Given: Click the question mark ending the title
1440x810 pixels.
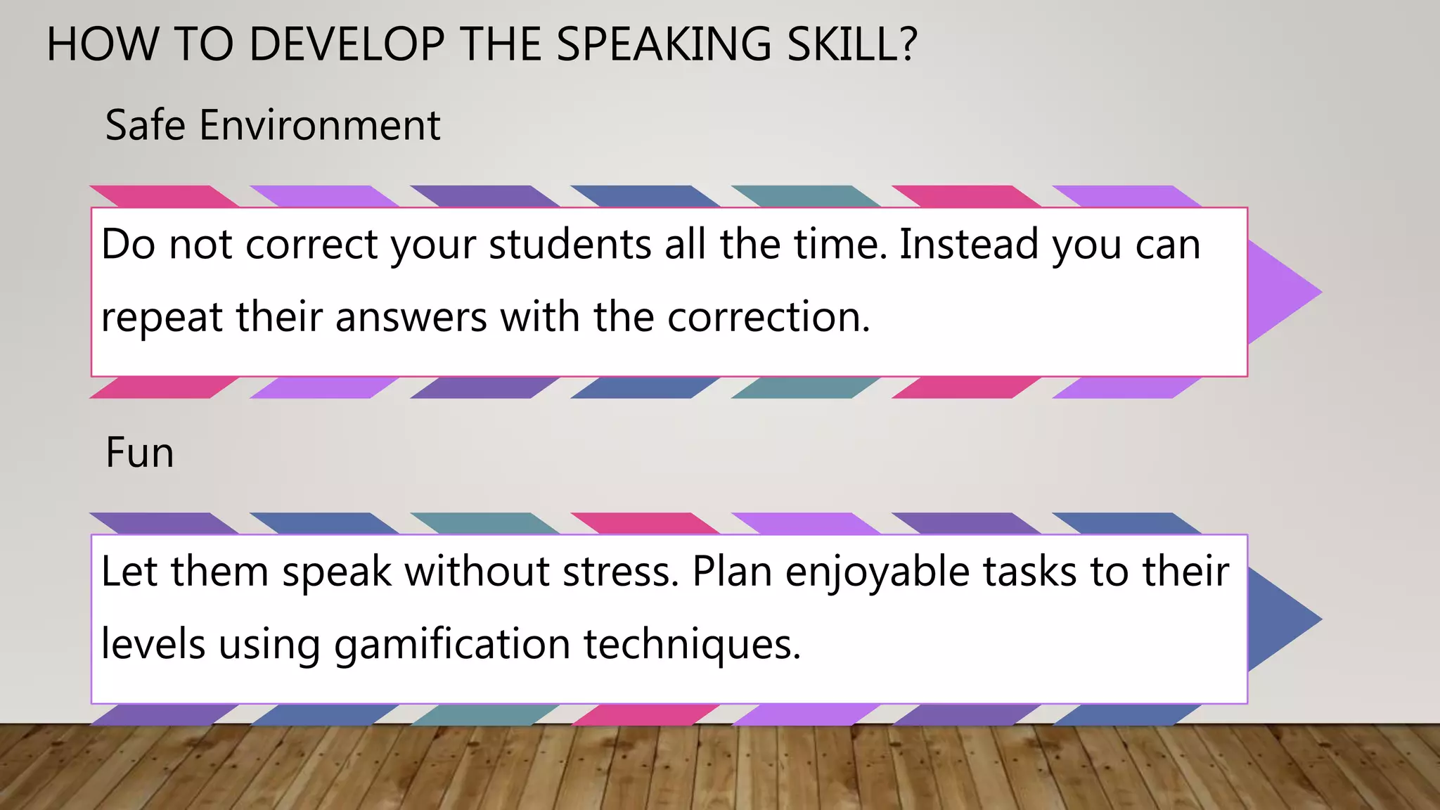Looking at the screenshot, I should click(908, 45).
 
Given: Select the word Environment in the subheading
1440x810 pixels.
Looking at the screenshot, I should click(320, 126).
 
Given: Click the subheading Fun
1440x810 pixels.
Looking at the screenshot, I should click(139, 452).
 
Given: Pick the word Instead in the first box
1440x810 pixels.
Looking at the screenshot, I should click(969, 245).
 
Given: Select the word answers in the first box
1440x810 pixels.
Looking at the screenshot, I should click(411, 318).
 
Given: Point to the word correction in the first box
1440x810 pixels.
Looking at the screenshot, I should click(768, 318).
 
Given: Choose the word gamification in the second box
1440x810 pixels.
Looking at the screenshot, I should click(451, 645).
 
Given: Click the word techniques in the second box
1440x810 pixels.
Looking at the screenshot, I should click(692, 645).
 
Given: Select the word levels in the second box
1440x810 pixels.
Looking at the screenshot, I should click(153, 645).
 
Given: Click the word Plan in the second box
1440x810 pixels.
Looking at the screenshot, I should click(732, 572).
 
